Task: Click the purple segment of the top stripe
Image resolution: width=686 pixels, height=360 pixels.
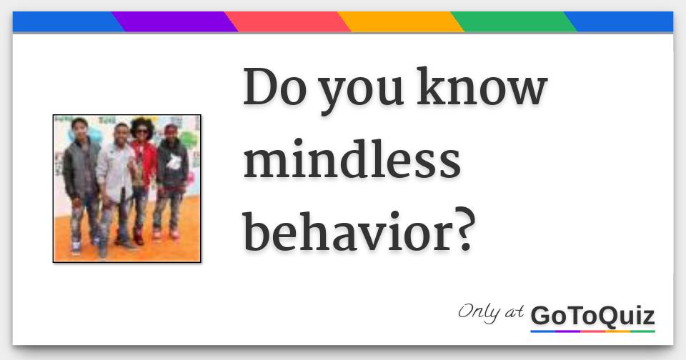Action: tap(174, 22)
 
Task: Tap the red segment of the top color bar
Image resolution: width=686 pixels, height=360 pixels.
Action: tap(287, 22)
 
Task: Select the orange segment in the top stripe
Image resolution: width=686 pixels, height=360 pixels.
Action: tap(400, 22)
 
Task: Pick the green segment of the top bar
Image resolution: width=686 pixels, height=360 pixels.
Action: tap(514, 22)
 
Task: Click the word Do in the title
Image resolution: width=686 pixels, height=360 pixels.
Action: tap(274, 86)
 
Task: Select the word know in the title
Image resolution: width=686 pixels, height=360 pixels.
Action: tap(482, 86)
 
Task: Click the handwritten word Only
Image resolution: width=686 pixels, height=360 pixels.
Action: tap(479, 312)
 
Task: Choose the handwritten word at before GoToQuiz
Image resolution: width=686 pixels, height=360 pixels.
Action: tap(514, 313)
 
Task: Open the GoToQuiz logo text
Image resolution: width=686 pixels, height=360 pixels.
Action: tap(592, 316)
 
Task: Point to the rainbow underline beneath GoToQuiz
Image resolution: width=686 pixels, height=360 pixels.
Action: tap(592, 331)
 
